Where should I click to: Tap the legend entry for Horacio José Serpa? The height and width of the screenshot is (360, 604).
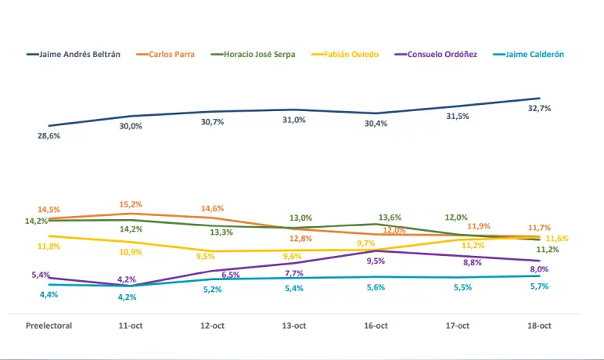[x=259, y=55]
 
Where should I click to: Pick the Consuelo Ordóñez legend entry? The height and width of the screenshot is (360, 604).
[x=442, y=55]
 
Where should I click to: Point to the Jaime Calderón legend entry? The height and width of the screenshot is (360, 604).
[x=534, y=55]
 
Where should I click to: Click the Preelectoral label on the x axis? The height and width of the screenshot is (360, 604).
[x=49, y=326]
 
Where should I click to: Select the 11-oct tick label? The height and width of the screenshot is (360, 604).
[x=131, y=326]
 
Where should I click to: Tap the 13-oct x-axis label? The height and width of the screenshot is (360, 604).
[x=294, y=326]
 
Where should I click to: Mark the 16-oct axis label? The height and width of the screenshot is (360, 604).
[x=376, y=326]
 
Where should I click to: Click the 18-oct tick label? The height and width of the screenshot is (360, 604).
[x=539, y=326]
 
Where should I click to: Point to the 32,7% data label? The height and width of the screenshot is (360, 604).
[x=539, y=109]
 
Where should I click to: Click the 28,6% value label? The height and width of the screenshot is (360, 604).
[x=49, y=135]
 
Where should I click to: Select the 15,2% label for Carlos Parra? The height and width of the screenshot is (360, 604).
[x=131, y=204]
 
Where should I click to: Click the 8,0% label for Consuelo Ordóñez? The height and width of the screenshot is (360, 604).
[x=539, y=269]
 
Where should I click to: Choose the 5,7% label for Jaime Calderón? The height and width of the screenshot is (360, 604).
[x=539, y=286]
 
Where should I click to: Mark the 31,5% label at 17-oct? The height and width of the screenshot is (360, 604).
[x=458, y=116]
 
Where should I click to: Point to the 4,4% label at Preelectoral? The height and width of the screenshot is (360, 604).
[x=49, y=294]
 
